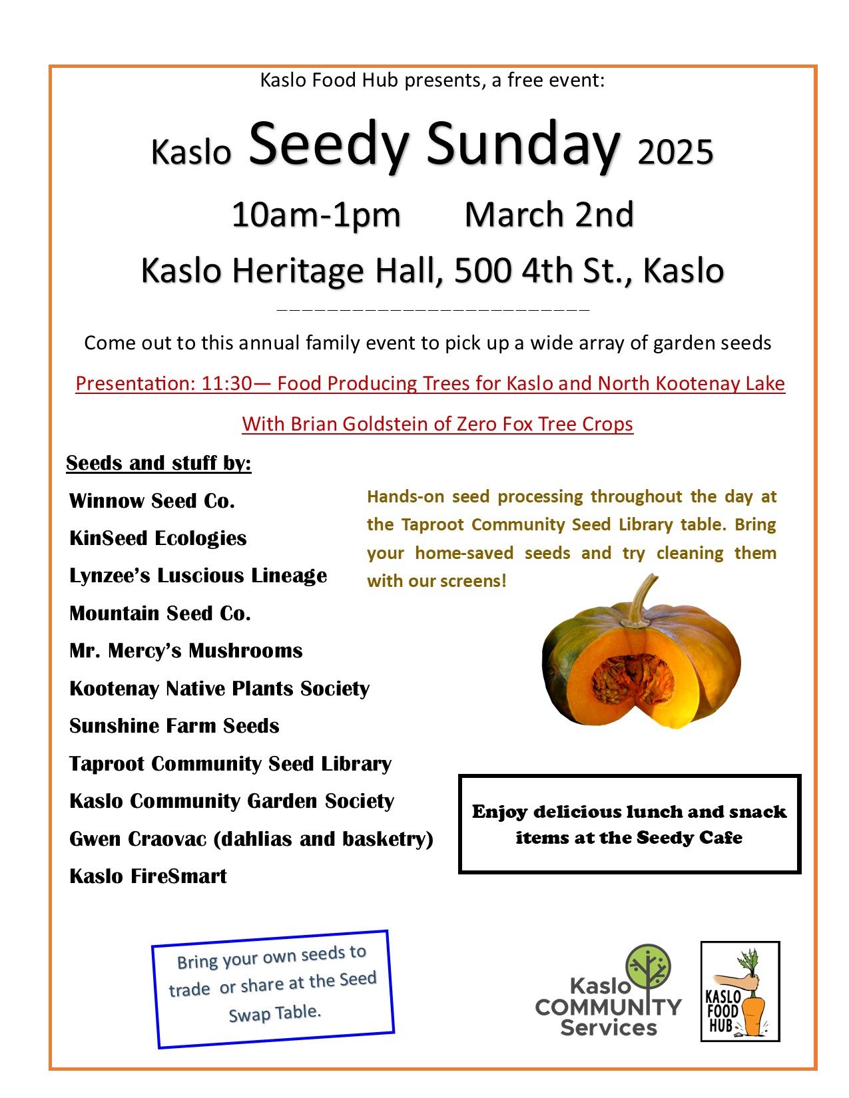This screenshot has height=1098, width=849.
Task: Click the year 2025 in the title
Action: pyautogui.click(x=675, y=152)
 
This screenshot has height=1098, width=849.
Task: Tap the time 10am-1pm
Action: pyautogui.click(x=316, y=215)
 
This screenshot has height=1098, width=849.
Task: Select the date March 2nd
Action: pyautogui.click(x=549, y=215)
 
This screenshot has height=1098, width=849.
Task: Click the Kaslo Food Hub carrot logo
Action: pyautogui.click(x=740, y=991)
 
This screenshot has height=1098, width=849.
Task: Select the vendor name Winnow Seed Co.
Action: pyautogui.click(x=152, y=501)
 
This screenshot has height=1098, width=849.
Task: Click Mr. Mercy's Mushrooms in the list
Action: pyautogui.click(x=186, y=651)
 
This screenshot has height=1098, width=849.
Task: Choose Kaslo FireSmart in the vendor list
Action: pyautogui.click(x=148, y=876)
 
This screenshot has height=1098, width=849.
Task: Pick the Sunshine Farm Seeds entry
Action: pyautogui.click(x=174, y=726)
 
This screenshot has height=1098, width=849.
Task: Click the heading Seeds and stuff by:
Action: pyautogui.click(x=158, y=463)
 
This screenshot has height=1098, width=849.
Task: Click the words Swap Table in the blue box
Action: pyautogui.click(x=274, y=1013)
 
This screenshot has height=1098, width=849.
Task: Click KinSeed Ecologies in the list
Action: pyautogui.click(x=158, y=538)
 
